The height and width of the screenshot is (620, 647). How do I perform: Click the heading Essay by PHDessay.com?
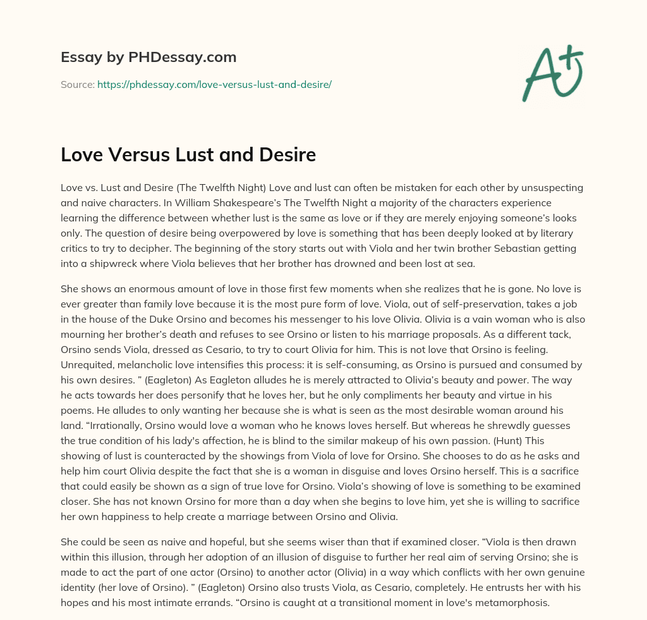[148, 58]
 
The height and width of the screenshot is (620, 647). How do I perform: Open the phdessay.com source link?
[214, 84]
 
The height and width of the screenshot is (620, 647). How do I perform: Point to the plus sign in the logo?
[572, 55]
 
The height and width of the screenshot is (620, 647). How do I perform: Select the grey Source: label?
[77, 84]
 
